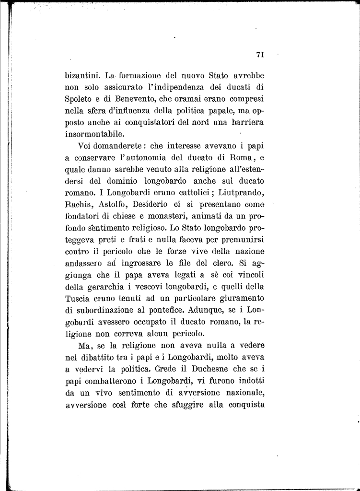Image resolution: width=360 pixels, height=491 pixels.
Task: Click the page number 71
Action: coord(260,55)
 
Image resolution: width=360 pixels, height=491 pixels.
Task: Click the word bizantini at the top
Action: coord(82,76)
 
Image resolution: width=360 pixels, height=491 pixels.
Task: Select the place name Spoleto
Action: coord(79,99)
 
